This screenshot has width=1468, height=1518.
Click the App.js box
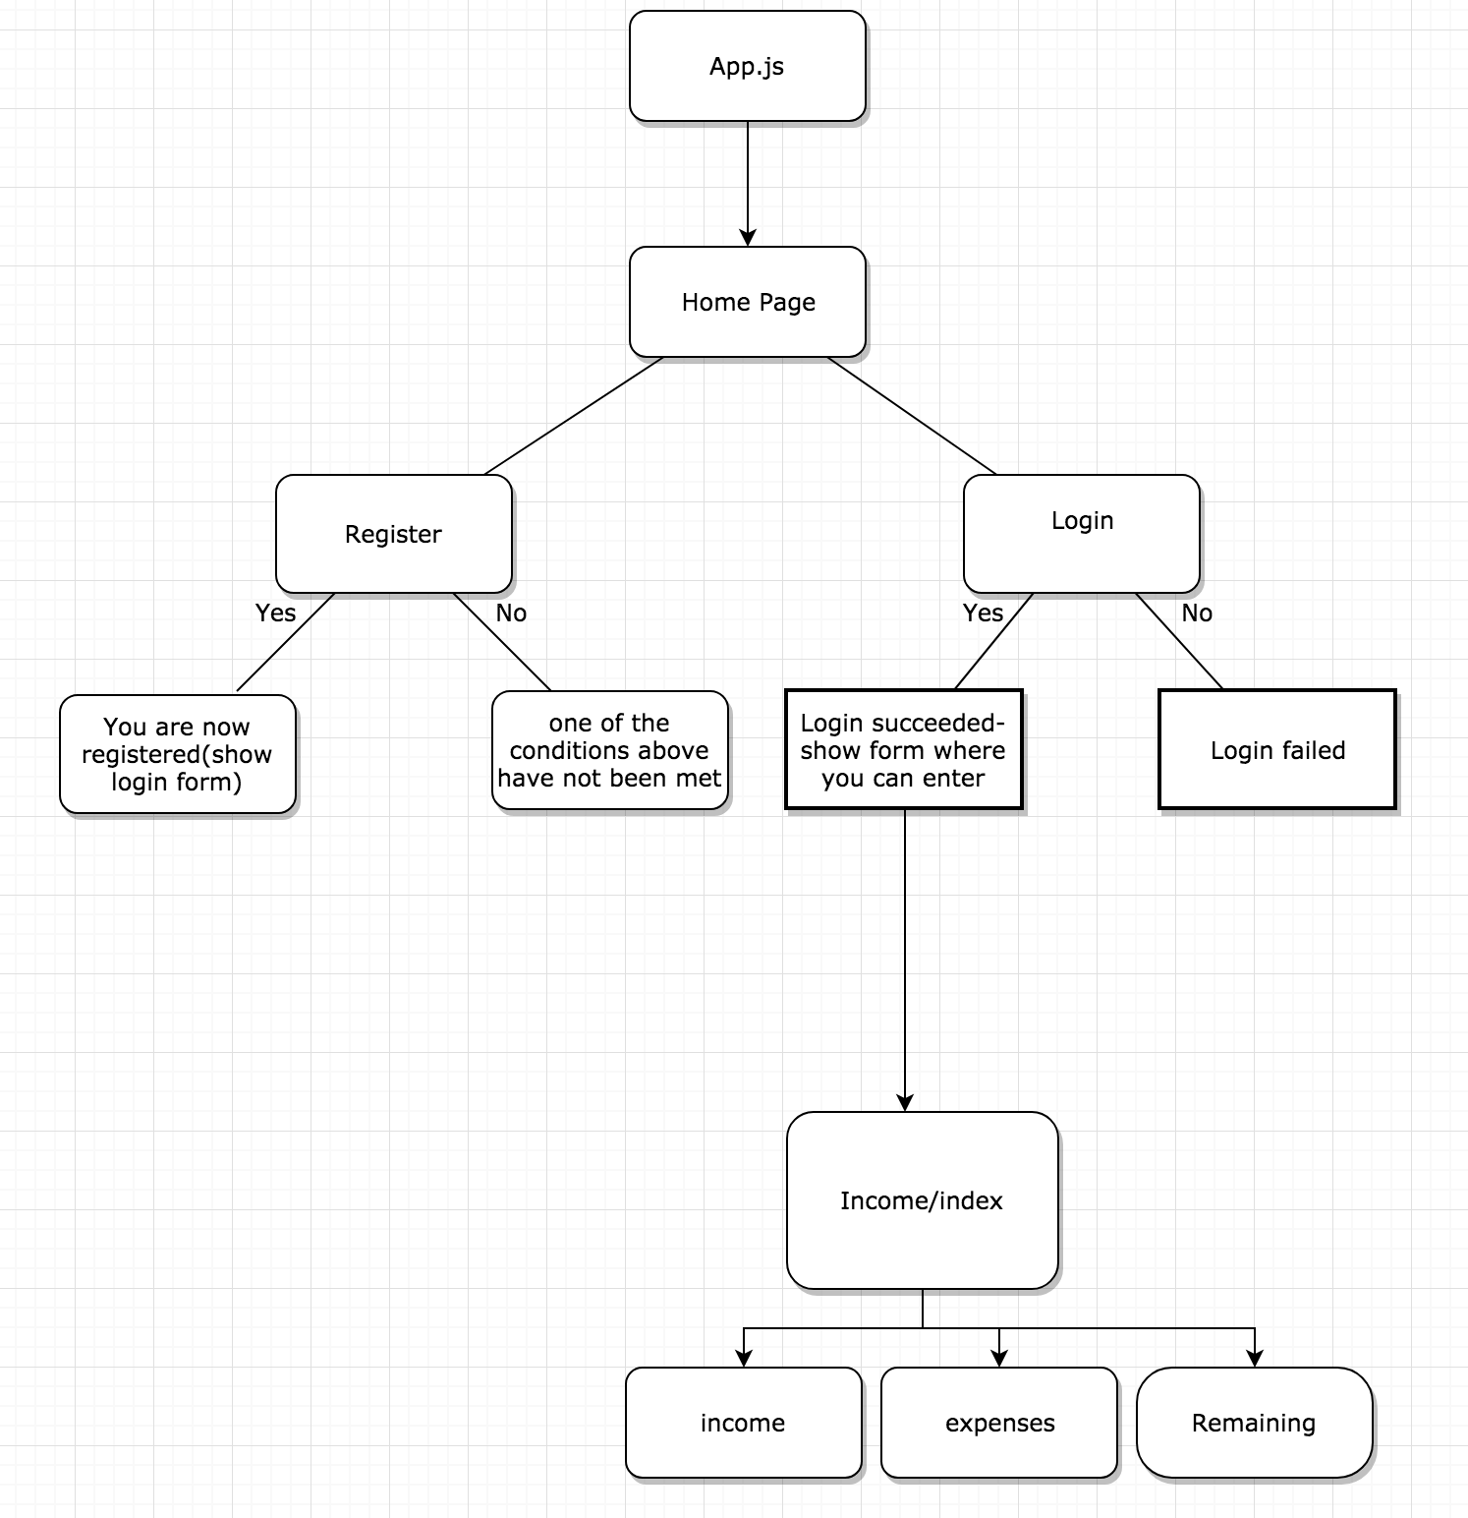coord(747,67)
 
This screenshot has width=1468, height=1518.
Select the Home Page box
coord(747,302)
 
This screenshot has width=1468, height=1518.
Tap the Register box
coord(393,534)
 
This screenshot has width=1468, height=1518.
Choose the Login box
coord(1081,534)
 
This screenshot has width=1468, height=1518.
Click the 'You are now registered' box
coord(177,754)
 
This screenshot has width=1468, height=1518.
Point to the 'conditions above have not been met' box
coord(609,750)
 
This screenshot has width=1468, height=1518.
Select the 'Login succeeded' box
coord(903,750)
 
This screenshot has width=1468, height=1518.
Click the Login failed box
coord(1276,750)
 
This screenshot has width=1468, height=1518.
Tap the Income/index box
coord(922,1200)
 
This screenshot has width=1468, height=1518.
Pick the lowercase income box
coord(743,1423)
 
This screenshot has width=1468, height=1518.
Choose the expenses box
coord(999,1423)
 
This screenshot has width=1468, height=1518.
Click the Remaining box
coord(1254,1423)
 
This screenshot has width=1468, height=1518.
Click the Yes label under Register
coord(275,613)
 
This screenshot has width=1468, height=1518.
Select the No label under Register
coord(511,613)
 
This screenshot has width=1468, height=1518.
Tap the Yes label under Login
coord(983,613)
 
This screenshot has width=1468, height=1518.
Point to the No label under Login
coord(1197,613)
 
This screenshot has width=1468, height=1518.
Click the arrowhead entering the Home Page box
coord(748,238)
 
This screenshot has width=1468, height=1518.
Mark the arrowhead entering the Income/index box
coord(905,1103)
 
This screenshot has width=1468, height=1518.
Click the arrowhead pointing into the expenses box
coord(999,1359)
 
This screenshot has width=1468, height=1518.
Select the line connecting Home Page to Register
coord(574,416)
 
